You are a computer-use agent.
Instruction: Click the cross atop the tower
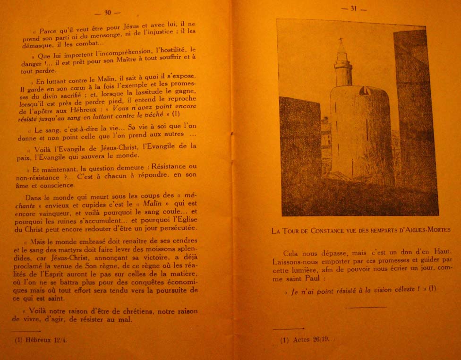[341, 40]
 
